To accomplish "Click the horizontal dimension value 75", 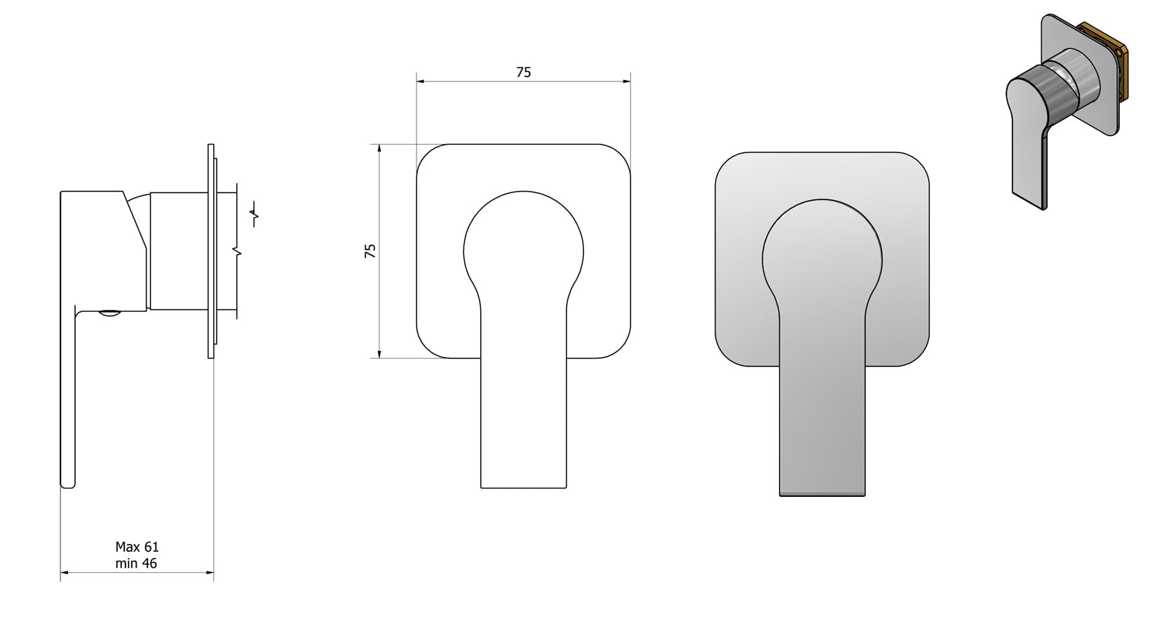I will click(523, 72).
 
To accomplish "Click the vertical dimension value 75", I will click(370, 251).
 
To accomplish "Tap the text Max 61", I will click(137, 547).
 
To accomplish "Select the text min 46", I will click(137, 563).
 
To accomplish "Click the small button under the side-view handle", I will click(109, 314).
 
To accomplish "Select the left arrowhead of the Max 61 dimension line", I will click(64, 573).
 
